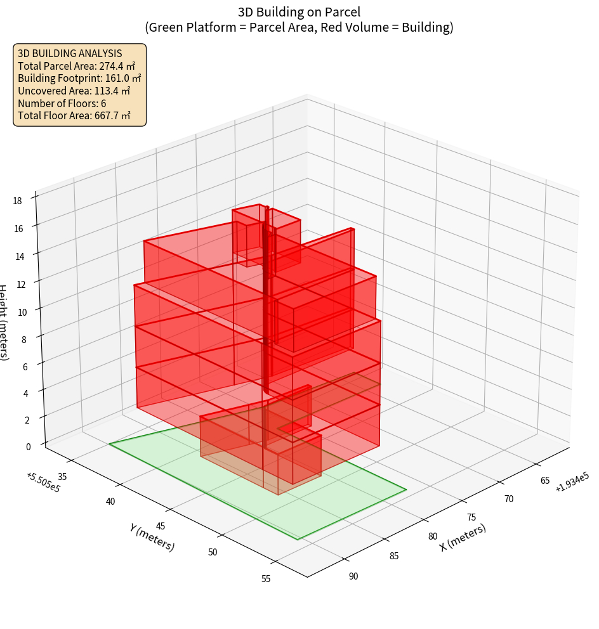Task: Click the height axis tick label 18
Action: point(17,201)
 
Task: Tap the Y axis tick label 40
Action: point(110,502)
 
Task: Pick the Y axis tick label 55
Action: point(265,578)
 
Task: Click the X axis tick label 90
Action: point(353,576)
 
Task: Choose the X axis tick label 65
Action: point(545,480)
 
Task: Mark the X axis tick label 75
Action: point(471,517)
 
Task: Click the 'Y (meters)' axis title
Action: point(152,537)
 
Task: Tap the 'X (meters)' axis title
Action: point(463,538)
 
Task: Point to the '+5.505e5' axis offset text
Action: point(43,483)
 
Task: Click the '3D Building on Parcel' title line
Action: point(299,12)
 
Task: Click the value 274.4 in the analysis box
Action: point(112,66)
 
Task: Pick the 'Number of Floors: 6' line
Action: point(62,103)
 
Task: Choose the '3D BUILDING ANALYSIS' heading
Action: point(70,53)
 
